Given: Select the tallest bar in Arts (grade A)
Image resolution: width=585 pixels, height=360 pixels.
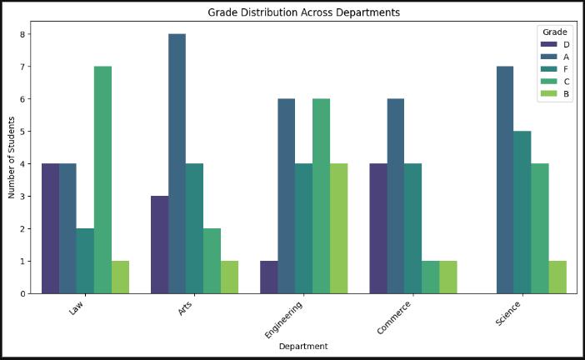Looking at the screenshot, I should coord(177,163).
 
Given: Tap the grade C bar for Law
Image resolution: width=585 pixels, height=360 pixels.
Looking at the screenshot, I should coord(102,180).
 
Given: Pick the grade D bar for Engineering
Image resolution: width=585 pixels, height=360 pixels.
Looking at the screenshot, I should coord(268,277).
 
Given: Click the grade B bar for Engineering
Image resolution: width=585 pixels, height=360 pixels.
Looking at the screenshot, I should coord(338,228).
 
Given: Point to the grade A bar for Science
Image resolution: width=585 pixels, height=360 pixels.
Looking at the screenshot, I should coord(504,180).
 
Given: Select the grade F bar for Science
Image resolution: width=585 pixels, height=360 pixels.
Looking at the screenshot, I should coord(522,212).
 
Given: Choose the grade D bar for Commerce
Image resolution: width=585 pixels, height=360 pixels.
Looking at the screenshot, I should coord(377,228).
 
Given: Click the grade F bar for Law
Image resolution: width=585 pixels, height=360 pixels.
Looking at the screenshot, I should coord(85,261).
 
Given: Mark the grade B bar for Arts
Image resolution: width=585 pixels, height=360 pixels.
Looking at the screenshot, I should coord(229,277).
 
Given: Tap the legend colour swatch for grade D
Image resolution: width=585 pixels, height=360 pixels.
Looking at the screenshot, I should coord(548,43).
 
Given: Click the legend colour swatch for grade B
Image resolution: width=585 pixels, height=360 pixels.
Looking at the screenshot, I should coord(548,93).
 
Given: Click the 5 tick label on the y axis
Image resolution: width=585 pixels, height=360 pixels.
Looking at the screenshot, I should coord(25,132).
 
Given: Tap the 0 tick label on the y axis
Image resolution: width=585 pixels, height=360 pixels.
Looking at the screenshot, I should coord(25,293).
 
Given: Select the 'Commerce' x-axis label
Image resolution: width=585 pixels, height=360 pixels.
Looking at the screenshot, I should coord(394,317).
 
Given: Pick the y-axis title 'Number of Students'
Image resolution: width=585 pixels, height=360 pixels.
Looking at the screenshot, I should coord(11,159).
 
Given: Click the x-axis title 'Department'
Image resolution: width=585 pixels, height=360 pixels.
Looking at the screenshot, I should coord(303,346).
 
